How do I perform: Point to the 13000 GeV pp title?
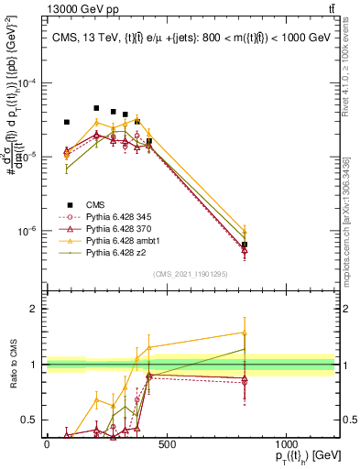click(46, 8)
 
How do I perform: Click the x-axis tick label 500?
click(166, 445)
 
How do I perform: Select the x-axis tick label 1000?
click(286, 445)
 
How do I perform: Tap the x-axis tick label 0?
click(47, 445)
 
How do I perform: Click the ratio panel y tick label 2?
click(35, 309)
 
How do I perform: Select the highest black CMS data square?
click(96, 108)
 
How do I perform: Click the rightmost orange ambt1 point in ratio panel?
click(245, 333)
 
